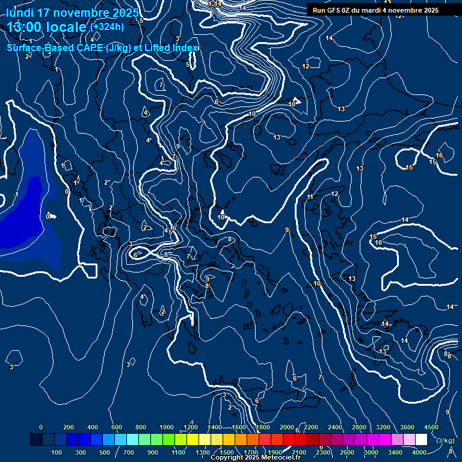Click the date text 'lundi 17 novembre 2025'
[72, 13]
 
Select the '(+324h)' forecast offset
[107, 26]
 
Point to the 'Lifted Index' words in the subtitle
[174, 48]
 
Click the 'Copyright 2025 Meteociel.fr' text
[255, 458]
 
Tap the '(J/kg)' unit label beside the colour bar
[445, 440]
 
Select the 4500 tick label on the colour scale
[431, 427]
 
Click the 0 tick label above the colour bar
[41, 427]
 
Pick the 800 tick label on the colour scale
[141, 427]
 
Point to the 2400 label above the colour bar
[334, 427]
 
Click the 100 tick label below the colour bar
[57, 452]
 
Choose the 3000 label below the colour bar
[371, 452]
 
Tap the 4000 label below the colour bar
[419, 452]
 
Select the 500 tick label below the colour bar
[105, 452]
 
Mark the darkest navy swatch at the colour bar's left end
[36, 440]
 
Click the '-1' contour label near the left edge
[15, 194]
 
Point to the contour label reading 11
[310, 197]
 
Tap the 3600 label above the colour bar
[407, 427]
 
